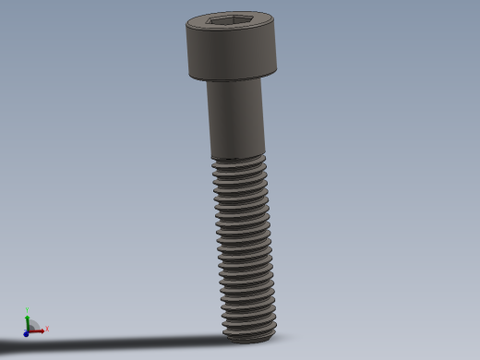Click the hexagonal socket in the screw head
(x=231, y=20)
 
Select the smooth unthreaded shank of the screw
(x=236, y=118)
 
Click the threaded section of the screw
(x=245, y=240)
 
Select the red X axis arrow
(x=39, y=330)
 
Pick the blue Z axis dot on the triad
(x=26, y=333)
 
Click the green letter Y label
(x=27, y=310)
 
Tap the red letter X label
(x=47, y=329)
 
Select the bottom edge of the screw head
(x=233, y=78)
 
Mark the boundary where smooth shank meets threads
(x=238, y=158)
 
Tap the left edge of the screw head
(x=188, y=51)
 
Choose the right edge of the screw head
(x=276, y=51)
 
